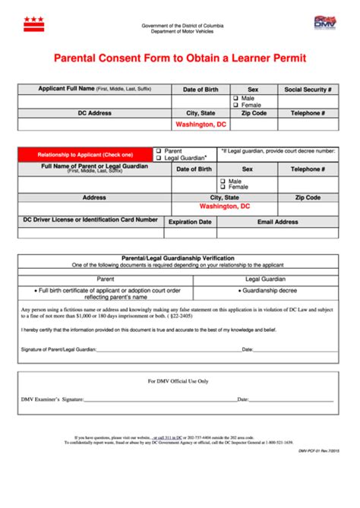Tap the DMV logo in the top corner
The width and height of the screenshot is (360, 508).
pos(324,22)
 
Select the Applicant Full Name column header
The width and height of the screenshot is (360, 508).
pos(94,90)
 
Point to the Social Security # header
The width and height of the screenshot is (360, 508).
pos(308,90)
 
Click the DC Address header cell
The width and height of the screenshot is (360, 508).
pos(94,112)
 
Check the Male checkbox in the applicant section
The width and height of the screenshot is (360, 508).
pos(235,99)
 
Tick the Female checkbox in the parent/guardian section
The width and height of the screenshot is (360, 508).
pos(223,187)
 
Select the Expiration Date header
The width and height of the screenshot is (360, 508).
pos(189,222)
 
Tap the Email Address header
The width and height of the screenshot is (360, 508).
pos(277,222)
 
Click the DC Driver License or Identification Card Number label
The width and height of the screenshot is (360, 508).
pos(90,220)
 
